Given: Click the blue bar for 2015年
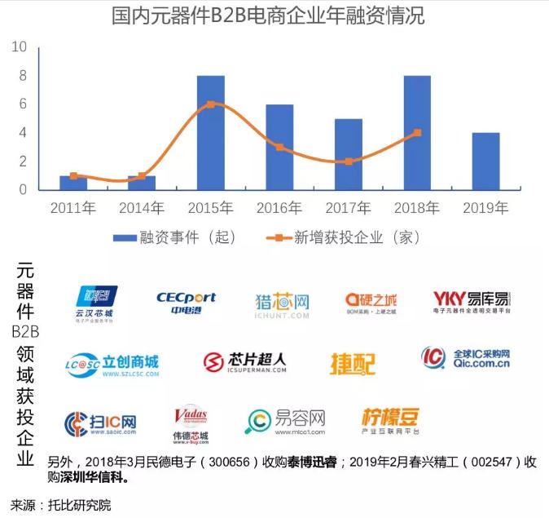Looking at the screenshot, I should coord(211,133).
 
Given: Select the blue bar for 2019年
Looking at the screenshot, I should coord(485,162).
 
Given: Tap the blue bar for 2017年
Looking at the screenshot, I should coord(348,154).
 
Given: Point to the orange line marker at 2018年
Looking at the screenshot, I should coord(417,132).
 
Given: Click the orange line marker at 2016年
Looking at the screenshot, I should coord(279,147).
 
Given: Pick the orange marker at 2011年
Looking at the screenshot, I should coord(73,175).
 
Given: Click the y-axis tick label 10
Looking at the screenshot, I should coord(19,47).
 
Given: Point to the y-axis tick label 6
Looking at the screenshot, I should coord(23,104).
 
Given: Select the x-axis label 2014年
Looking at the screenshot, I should coord(142,208).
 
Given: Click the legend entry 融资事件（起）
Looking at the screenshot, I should coord(174,237).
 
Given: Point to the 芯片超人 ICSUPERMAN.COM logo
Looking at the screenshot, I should coord(244,362).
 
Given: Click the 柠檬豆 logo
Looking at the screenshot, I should coord(390,419).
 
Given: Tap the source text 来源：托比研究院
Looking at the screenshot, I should coord(60,505).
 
